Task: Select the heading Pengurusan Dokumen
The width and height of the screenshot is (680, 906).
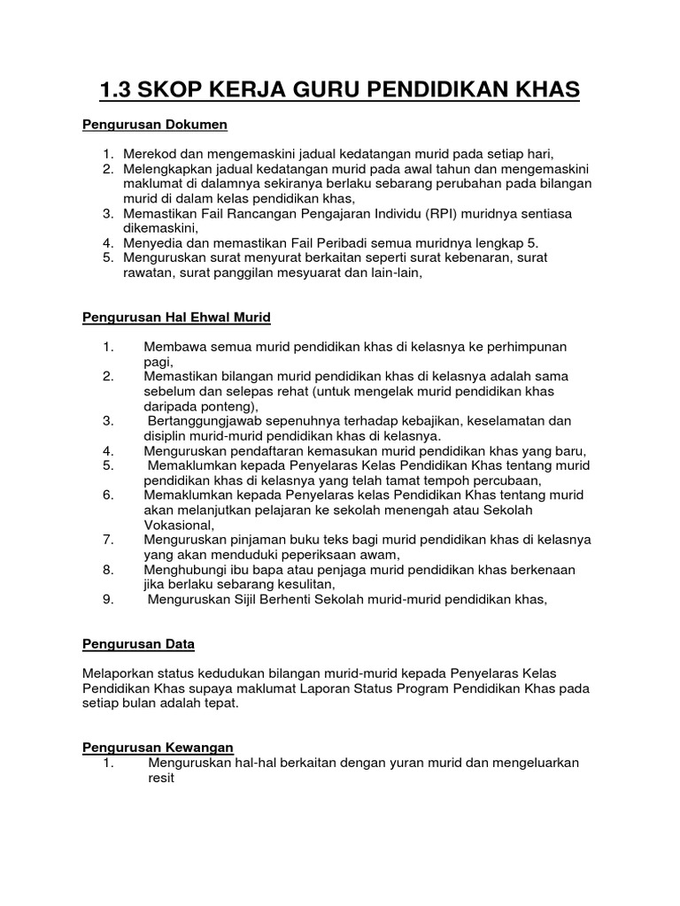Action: pyautogui.click(x=155, y=126)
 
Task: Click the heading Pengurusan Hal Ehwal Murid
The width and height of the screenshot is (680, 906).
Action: pyautogui.click(x=176, y=317)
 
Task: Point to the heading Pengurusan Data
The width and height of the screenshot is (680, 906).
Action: pyautogui.click(x=138, y=643)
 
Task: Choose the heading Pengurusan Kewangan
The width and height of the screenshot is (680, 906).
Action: pyautogui.click(x=158, y=748)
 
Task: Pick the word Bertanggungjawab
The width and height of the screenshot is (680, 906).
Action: pyautogui.click(x=208, y=420)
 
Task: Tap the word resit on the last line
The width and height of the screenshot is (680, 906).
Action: pyautogui.click(x=161, y=778)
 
